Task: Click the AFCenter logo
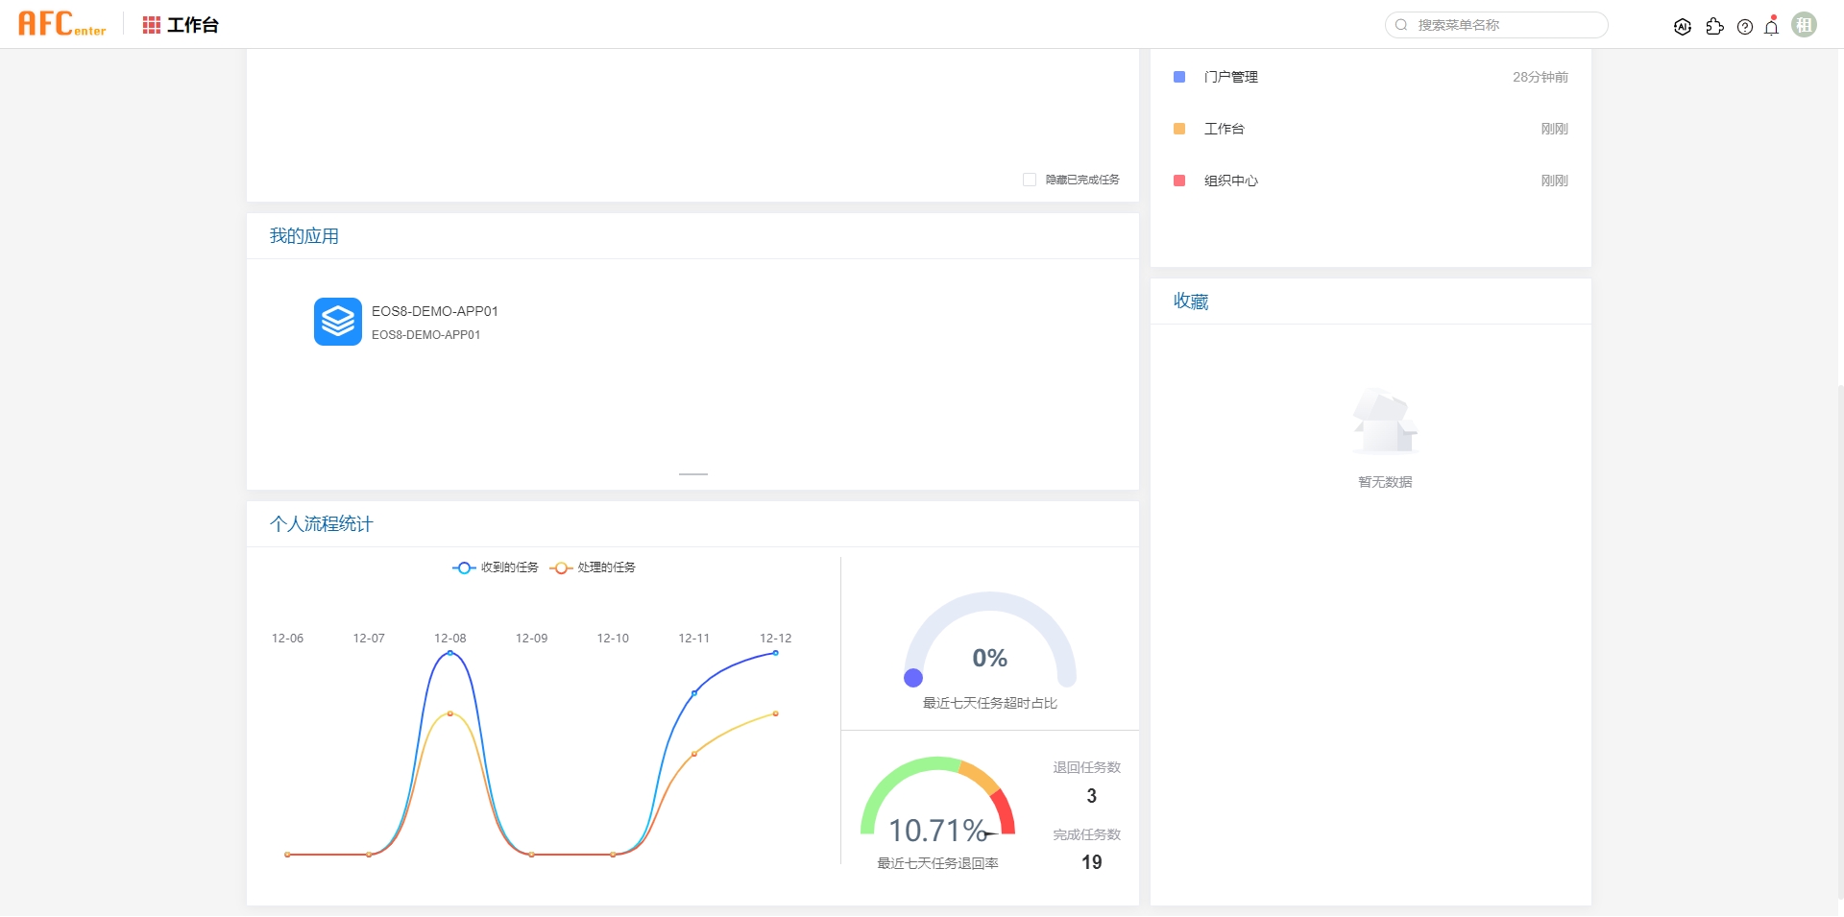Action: click(62, 24)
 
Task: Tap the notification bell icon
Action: click(1772, 27)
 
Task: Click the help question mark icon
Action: click(1745, 27)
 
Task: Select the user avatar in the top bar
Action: click(1805, 25)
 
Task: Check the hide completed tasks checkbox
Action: click(1030, 180)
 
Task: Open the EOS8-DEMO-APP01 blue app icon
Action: click(338, 322)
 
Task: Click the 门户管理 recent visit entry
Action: click(1230, 77)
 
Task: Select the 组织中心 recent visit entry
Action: click(1230, 181)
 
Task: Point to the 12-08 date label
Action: click(449, 639)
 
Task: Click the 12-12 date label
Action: click(775, 639)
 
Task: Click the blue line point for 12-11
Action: click(694, 692)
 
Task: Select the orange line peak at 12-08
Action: click(449, 713)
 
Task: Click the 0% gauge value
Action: click(989, 658)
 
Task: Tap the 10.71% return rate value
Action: click(937, 830)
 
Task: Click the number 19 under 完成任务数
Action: click(1091, 862)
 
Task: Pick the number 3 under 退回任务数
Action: click(1091, 796)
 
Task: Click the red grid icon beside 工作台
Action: click(152, 25)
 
